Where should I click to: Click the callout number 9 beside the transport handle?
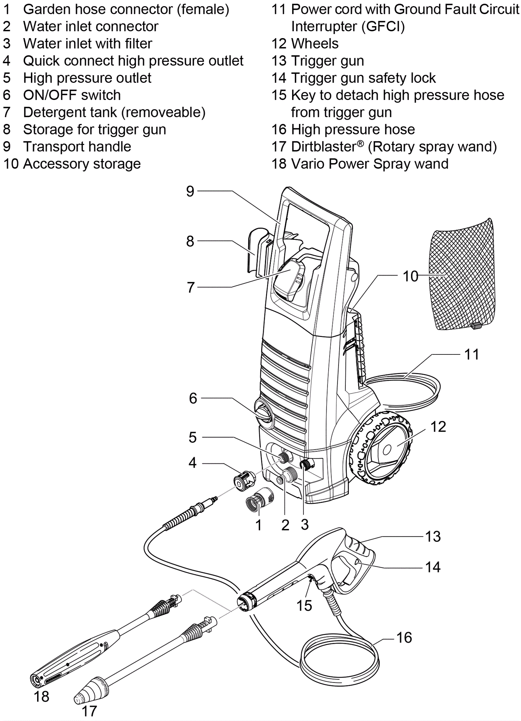[x=190, y=191]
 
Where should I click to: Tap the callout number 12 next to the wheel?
[x=438, y=427]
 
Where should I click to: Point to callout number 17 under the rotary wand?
[x=89, y=711]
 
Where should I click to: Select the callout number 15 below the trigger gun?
[x=304, y=606]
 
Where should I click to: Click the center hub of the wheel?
[x=387, y=450]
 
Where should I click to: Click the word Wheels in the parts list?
[x=315, y=44]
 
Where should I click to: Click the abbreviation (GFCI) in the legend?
[x=385, y=27]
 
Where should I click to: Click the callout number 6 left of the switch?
[x=193, y=398]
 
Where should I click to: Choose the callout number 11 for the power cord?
[x=472, y=354]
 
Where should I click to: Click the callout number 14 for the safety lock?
[x=433, y=567]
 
